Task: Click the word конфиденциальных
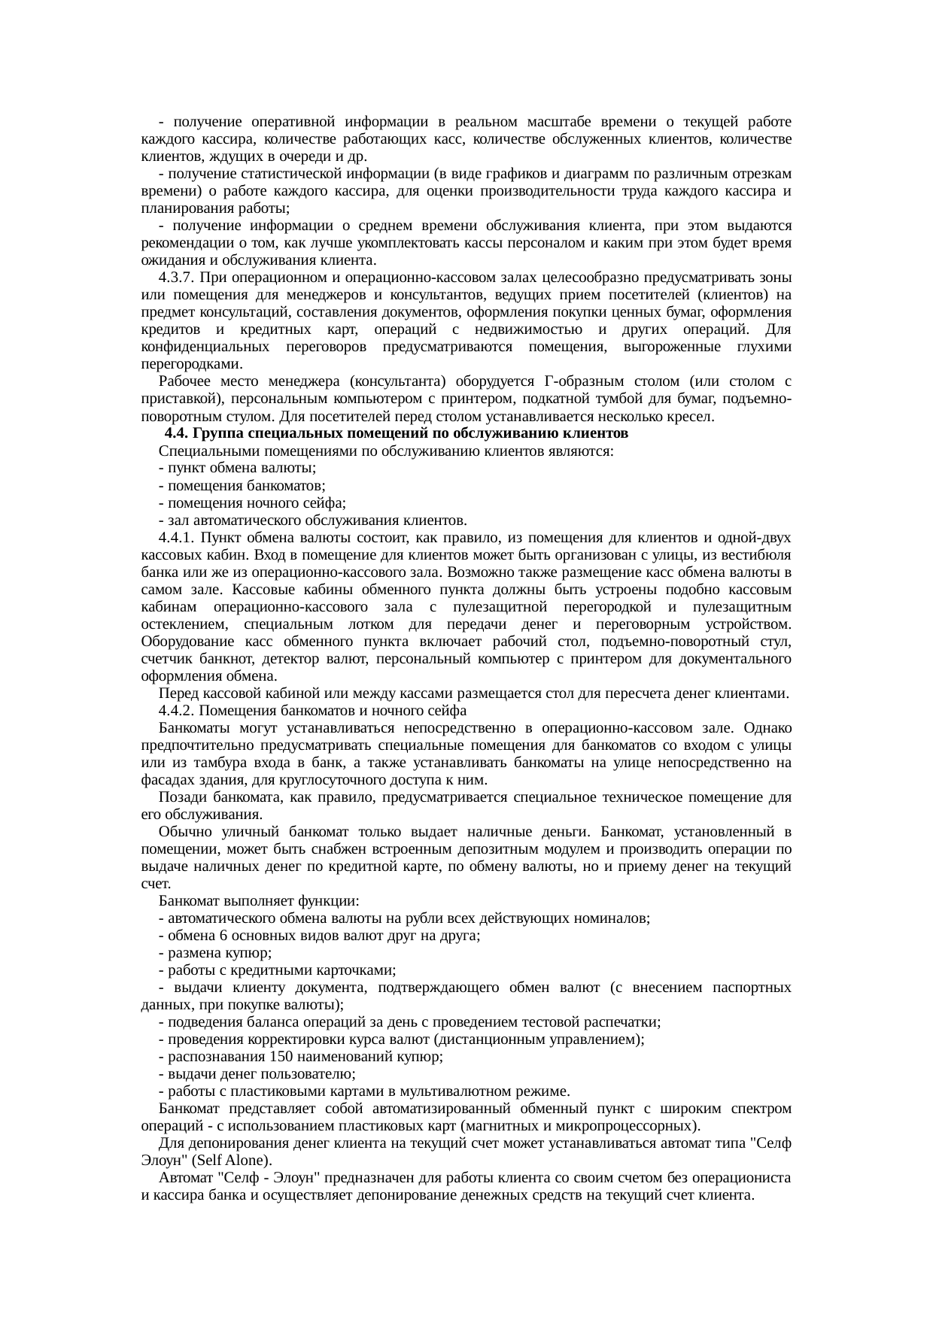pos(205,347)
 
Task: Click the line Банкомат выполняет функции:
pos(259,901)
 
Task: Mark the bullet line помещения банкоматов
pos(242,486)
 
